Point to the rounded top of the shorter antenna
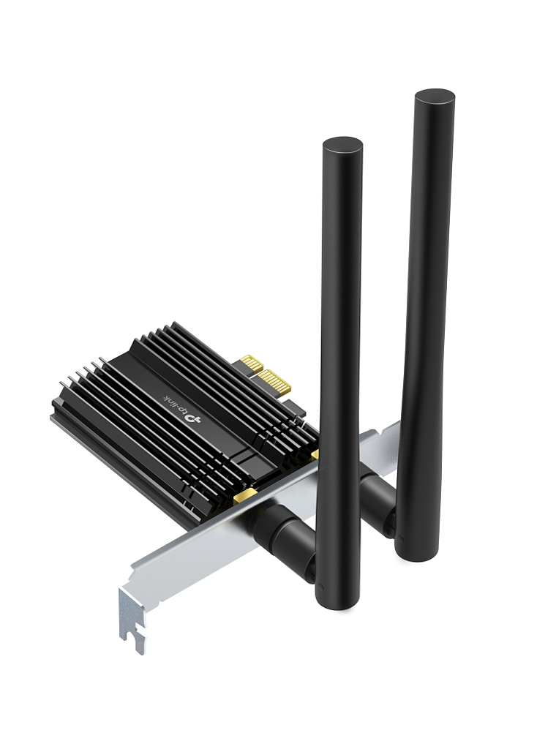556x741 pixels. coord(342,146)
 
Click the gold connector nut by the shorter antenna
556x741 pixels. coord(247,498)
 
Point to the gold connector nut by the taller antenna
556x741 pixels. coord(315,455)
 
